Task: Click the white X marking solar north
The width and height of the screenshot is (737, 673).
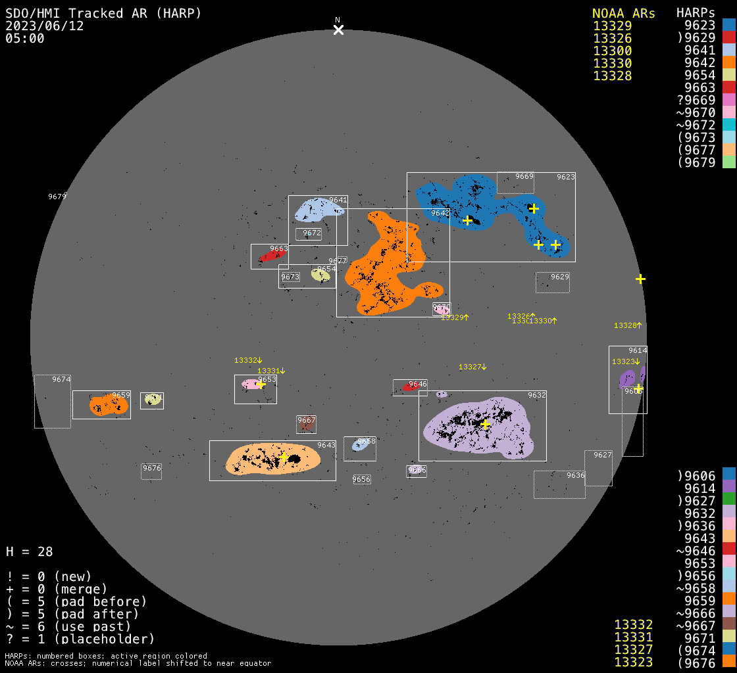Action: [338, 30]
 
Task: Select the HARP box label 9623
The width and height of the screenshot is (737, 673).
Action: [565, 177]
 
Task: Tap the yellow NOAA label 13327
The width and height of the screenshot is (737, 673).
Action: [471, 367]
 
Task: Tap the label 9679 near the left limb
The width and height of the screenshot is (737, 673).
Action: [57, 197]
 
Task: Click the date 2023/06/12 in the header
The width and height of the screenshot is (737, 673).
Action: [45, 26]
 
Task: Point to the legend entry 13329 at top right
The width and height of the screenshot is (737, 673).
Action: [612, 26]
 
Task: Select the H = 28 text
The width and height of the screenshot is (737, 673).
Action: [30, 551]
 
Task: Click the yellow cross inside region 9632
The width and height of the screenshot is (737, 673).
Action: [486, 425]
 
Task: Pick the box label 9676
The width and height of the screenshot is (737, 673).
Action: [151, 468]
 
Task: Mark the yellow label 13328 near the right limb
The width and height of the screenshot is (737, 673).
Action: [626, 325]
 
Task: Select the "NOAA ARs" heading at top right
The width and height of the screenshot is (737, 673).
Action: [623, 13]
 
